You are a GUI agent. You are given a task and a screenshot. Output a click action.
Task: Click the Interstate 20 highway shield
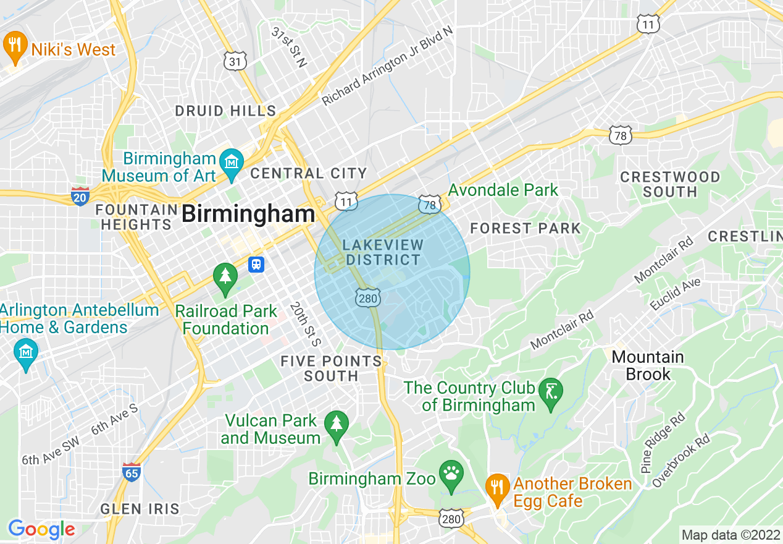coord(80,196)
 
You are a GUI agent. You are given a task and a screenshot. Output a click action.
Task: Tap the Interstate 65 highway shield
coord(131,472)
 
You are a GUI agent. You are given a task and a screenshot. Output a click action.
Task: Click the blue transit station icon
coord(256,265)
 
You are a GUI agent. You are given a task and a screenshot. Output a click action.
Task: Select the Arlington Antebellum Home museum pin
coord(26,353)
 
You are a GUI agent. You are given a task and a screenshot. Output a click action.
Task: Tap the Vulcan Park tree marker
coord(336,425)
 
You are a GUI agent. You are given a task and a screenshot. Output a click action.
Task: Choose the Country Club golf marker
coord(551,392)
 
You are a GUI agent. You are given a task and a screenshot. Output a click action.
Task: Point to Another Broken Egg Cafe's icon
coord(496,487)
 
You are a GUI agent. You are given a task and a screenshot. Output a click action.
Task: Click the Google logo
coord(41,529)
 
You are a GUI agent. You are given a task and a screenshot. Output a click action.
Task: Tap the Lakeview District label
coord(383,252)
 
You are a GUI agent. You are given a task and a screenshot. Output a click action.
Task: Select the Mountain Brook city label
coord(647,365)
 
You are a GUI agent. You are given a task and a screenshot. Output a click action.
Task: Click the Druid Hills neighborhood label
coord(225,111)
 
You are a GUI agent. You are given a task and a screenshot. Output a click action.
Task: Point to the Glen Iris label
coord(140,509)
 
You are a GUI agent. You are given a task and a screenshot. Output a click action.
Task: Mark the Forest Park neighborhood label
coord(525,229)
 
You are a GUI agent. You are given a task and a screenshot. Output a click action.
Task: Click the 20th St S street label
coord(306,324)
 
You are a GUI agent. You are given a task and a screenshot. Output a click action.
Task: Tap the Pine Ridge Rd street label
coord(663,442)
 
